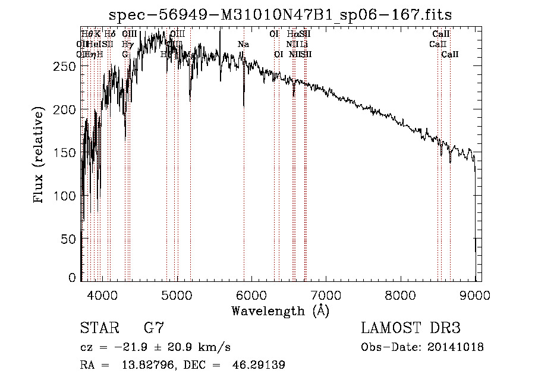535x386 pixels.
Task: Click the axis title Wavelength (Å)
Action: coord(280,310)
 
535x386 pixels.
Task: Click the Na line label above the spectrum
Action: coord(243,44)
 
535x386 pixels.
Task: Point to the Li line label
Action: coord(303,44)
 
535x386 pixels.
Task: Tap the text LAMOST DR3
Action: coord(411,328)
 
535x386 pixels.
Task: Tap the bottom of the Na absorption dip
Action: coord(244,106)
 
